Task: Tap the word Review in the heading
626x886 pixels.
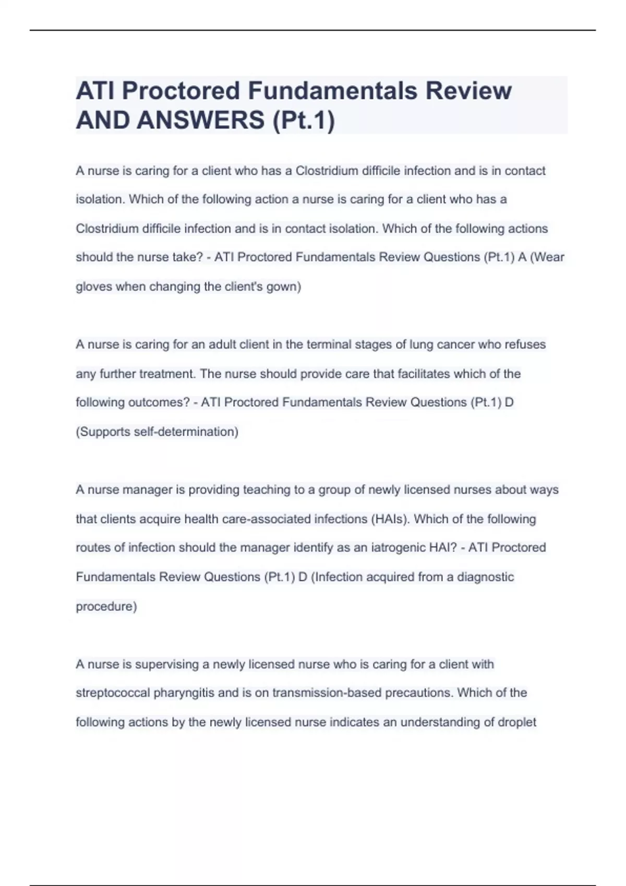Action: (468, 91)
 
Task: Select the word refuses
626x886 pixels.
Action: (523, 344)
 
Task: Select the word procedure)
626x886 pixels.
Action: (106, 606)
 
